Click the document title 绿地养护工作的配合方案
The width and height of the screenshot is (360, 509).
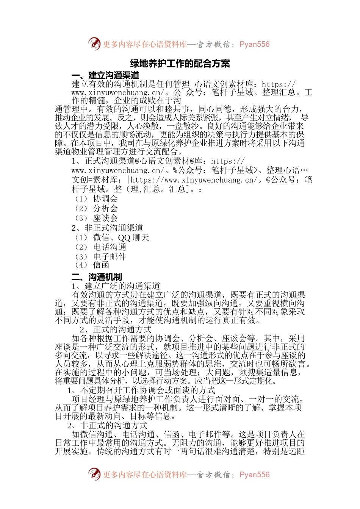[x=180, y=64]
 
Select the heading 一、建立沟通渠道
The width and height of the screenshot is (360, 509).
[x=105, y=75]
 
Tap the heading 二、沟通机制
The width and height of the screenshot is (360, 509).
[x=97, y=277]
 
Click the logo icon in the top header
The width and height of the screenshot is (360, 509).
[x=94, y=44]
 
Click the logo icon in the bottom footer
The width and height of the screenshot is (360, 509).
[x=94, y=474]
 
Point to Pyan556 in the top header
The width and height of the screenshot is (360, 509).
[x=254, y=44]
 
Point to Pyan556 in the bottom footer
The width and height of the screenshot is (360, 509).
[x=254, y=475]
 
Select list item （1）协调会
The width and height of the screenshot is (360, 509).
[x=96, y=199]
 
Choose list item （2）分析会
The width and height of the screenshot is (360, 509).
[x=96, y=208]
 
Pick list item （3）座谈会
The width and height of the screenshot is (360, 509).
[x=96, y=218]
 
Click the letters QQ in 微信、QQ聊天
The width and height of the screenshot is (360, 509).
[x=124, y=238]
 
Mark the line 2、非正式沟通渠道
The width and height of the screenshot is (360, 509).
[x=107, y=228]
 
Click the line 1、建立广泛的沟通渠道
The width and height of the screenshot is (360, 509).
[x=116, y=286]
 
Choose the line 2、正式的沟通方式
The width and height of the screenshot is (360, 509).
[x=116, y=329]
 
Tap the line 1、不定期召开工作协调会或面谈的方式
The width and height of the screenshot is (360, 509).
[x=141, y=390]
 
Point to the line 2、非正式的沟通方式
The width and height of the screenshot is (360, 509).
[x=107, y=425]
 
